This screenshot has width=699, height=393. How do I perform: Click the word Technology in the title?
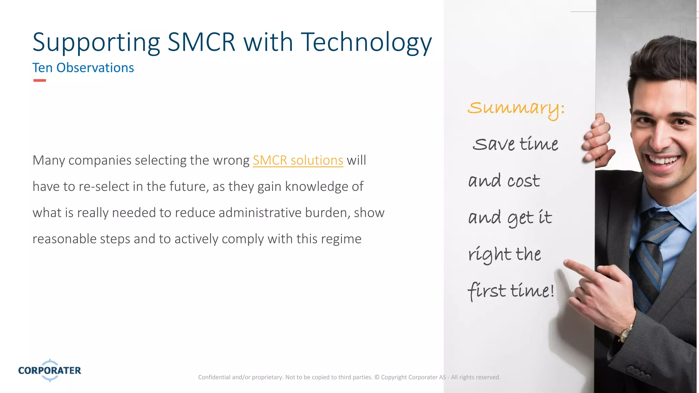[366, 42]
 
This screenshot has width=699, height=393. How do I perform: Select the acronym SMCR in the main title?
[201, 42]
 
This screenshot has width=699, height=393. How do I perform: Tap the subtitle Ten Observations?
[83, 68]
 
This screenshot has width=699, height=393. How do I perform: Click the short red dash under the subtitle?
[40, 81]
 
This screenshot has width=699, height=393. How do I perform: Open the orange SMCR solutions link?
[298, 160]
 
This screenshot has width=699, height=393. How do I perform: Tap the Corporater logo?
[50, 370]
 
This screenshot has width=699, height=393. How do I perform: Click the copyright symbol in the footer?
[377, 377]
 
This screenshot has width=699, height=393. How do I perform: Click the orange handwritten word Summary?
[515, 108]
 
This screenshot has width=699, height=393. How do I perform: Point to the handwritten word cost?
[524, 181]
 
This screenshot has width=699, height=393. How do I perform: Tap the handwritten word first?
[487, 291]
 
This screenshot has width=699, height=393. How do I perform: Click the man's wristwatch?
[625, 333]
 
